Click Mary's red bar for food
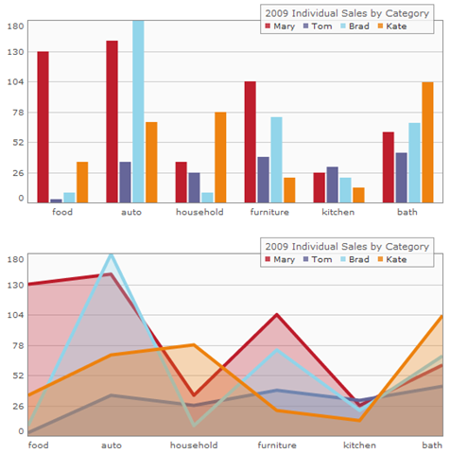[x=43, y=127]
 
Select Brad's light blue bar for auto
[x=138, y=112]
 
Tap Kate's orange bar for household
[x=220, y=157]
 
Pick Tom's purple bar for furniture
[x=264, y=180]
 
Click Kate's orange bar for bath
[x=427, y=142]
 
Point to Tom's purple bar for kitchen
[x=333, y=184]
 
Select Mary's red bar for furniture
[x=251, y=142]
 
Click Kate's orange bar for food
[x=82, y=183]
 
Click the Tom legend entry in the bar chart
[x=318, y=26]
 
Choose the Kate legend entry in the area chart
[x=392, y=259]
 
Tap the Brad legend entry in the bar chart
[x=355, y=26]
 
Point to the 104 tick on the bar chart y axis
[x=16, y=82]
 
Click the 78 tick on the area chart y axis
[x=18, y=346]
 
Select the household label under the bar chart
[x=199, y=212]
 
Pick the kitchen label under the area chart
[x=359, y=445]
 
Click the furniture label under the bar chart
[x=269, y=212]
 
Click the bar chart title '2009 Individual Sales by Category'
[x=347, y=13]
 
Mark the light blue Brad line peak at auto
[x=111, y=254]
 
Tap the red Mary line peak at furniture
[x=276, y=315]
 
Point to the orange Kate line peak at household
[x=194, y=345]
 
